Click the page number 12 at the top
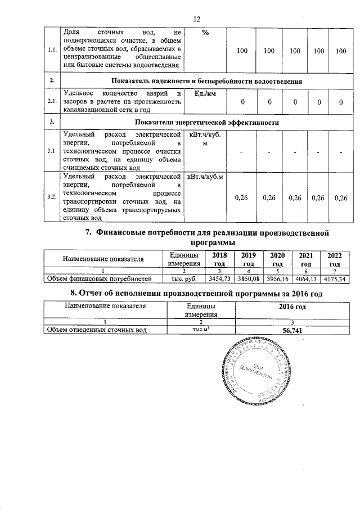[197, 19]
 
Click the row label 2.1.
[51, 102]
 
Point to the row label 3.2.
[51, 197]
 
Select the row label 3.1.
[51, 151]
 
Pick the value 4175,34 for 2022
[334, 278]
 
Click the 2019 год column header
[246, 259]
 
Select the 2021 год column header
[305, 259]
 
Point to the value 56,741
[292, 331]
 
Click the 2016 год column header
[292, 307]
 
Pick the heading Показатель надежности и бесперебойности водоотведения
[205, 81]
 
